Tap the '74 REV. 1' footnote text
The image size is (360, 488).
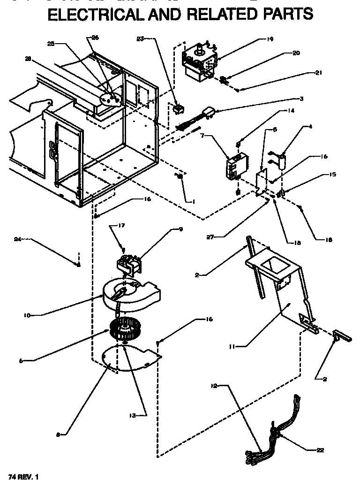click(x=22, y=477)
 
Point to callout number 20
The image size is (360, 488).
click(x=296, y=53)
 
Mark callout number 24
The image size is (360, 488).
click(x=17, y=239)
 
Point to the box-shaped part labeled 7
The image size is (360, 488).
click(x=234, y=166)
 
